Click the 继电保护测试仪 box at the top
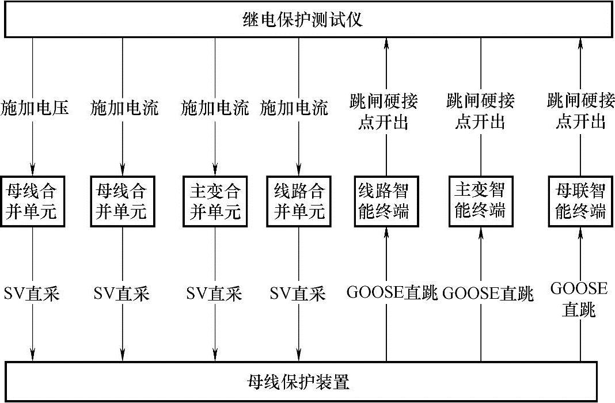point(307,21)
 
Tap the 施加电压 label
point(34,108)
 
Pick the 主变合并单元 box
point(215,201)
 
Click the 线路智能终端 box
point(384,200)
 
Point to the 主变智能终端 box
point(480,200)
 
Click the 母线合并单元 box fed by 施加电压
point(33,201)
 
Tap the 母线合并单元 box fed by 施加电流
point(123,201)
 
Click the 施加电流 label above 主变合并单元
point(215,108)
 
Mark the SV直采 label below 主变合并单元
point(215,294)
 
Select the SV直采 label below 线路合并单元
point(298,294)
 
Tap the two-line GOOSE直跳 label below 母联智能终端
point(579,299)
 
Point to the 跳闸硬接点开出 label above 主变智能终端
point(480,112)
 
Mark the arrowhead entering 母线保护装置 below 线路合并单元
point(298,354)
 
